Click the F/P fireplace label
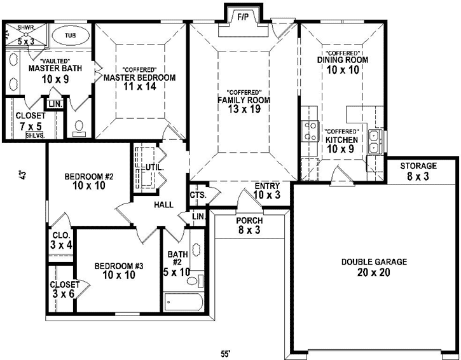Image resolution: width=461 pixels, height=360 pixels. (242, 17)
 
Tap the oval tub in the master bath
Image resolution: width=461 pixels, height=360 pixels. (69, 36)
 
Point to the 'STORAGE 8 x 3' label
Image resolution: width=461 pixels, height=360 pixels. (418, 171)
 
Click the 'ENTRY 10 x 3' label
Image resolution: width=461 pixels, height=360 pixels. (266, 190)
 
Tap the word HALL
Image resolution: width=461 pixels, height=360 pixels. (164, 205)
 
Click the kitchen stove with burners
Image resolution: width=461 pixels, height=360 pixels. (311, 130)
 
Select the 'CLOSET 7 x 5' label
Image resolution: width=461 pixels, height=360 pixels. (31, 121)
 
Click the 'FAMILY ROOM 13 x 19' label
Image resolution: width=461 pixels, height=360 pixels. (244, 104)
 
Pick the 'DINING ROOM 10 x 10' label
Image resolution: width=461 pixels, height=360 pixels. (343, 64)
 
